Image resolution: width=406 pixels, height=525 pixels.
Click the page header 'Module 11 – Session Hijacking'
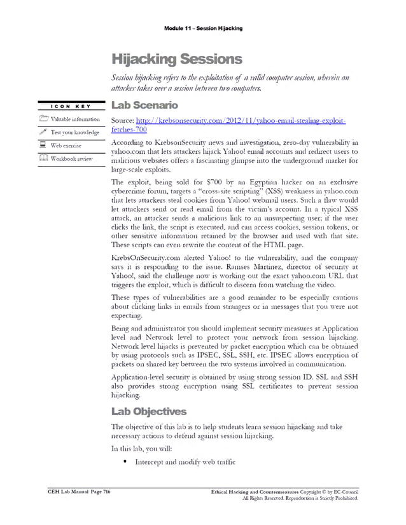(x=202, y=29)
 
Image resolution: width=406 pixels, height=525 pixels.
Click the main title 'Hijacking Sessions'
(x=176, y=60)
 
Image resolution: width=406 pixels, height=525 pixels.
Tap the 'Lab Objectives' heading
(x=150, y=411)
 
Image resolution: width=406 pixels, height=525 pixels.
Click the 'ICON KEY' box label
(x=69, y=106)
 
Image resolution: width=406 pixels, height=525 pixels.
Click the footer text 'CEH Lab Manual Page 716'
(x=79, y=493)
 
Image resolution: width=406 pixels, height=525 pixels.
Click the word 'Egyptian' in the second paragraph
(x=233, y=181)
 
